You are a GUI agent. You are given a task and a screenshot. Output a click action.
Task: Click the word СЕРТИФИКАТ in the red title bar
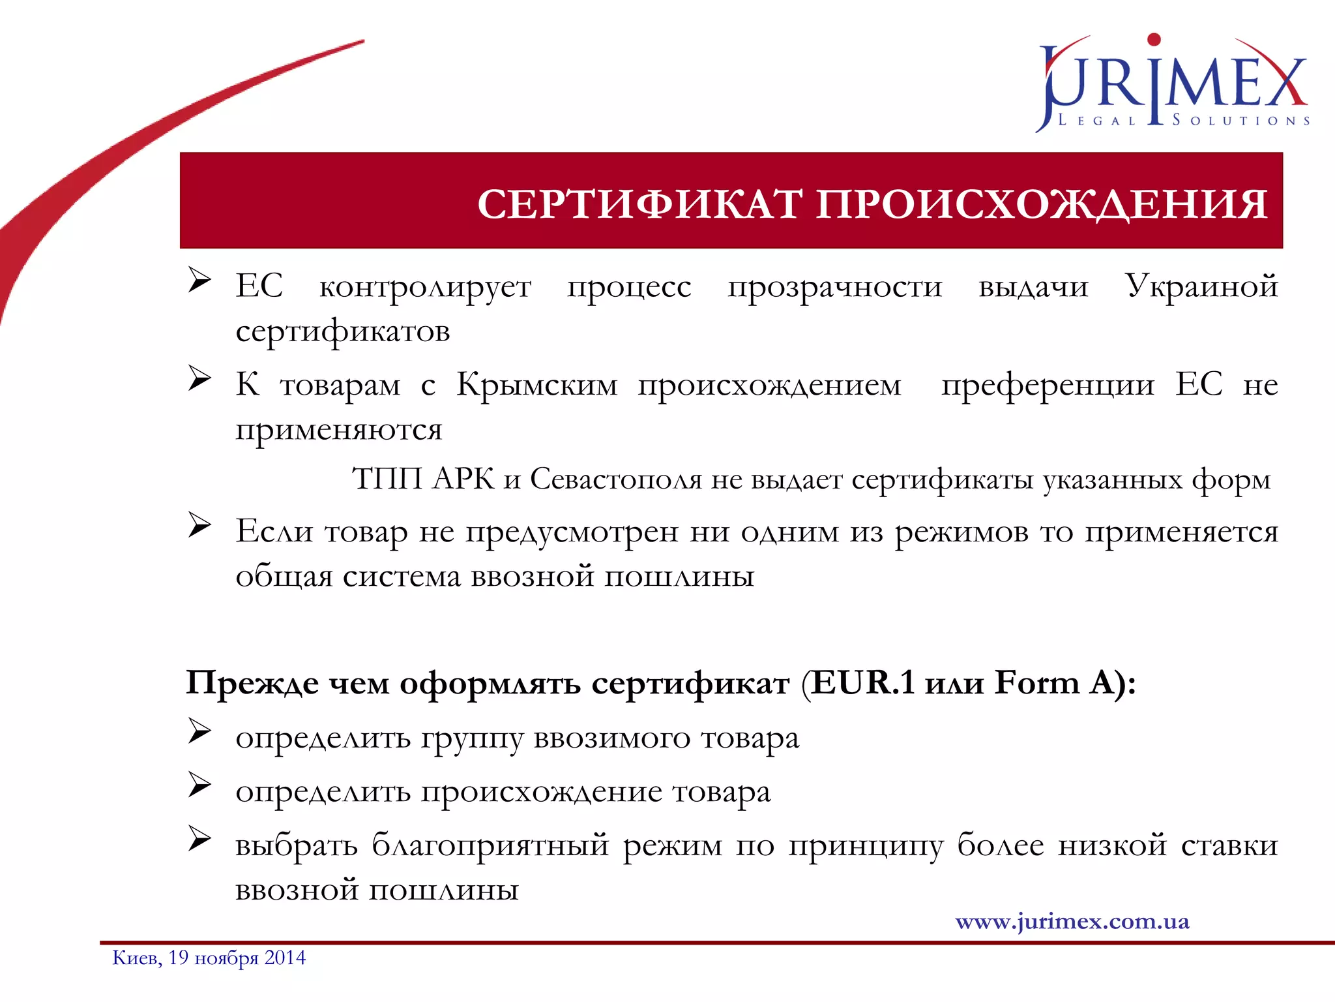click(639, 204)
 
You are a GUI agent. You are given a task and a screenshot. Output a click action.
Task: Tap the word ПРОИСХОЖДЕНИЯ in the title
click(1041, 204)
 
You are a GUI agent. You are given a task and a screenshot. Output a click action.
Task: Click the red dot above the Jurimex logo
click(1154, 39)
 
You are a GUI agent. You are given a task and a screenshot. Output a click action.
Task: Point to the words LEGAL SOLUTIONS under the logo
click(1183, 121)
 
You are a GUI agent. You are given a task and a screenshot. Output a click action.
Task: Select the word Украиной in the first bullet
click(1201, 286)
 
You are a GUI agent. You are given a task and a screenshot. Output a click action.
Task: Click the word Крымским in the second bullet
click(536, 384)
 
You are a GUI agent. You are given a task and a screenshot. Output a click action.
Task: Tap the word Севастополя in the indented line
click(616, 479)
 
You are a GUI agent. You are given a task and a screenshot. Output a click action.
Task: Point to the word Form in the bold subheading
click(1037, 683)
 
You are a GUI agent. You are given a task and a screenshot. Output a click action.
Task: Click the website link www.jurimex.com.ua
click(1072, 921)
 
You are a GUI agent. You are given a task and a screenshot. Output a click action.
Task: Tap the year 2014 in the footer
click(285, 958)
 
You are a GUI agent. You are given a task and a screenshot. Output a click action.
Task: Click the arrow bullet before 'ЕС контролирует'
click(199, 280)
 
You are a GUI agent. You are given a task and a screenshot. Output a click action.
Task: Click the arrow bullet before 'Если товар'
click(199, 525)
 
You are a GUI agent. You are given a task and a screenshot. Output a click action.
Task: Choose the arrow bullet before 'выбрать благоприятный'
click(199, 839)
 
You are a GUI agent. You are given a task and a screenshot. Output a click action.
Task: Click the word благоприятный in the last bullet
click(490, 846)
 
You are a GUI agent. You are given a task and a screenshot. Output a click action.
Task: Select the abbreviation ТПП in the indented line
click(387, 479)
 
